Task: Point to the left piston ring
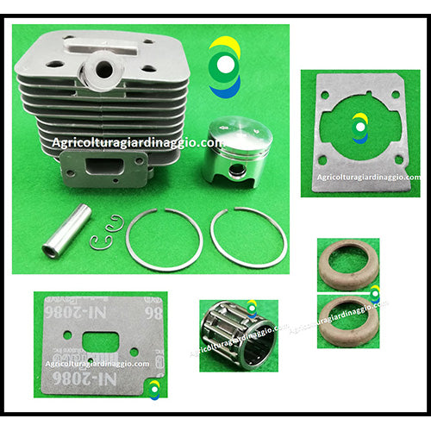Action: (x=164, y=239)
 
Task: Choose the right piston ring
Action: (x=248, y=237)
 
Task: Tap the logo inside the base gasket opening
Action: (x=359, y=128)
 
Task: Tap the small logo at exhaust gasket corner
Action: (x=153, y=390)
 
